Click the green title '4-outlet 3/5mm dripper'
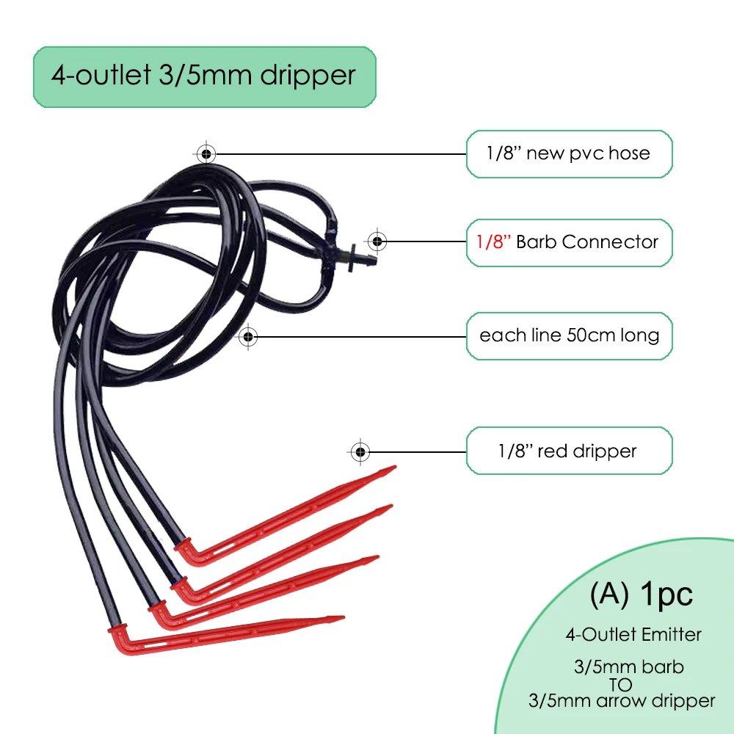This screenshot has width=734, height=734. (204, 76)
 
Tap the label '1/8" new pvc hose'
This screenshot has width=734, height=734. (569, 153)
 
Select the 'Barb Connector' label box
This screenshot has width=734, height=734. (569, 241)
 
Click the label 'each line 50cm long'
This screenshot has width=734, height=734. (569, 335)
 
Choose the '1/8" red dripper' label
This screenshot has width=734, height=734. (569, 450)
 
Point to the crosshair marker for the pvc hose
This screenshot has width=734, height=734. (206, 153)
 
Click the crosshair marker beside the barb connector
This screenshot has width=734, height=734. (377, 241)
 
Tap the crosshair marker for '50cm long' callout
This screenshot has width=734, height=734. (248, 336)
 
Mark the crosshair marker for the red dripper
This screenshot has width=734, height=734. (360, 451)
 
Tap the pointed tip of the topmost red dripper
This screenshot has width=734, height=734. (393, 468)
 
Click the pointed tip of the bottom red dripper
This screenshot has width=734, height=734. (341, 619)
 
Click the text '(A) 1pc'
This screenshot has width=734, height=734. (641, 595)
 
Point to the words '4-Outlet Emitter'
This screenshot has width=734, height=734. (633, 633)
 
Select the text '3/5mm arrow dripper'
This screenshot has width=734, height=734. (621, 700)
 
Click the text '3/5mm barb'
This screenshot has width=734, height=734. (628, 667)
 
